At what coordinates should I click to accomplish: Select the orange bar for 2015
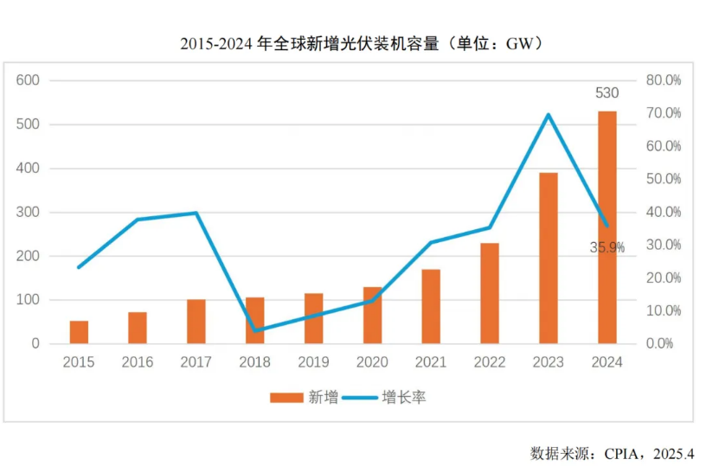(79, 332)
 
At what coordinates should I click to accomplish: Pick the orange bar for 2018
(254, 321)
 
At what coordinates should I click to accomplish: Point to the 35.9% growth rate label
(607, 247)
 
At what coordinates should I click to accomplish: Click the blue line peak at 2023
(548, 114)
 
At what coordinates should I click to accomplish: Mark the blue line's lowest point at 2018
(255, 330)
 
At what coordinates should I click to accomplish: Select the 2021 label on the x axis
(431, 362)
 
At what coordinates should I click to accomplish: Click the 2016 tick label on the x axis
(138, 362)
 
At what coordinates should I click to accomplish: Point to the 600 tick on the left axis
(29, 80)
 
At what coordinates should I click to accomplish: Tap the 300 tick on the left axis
(29, 212)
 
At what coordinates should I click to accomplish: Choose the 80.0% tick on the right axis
(664, 80)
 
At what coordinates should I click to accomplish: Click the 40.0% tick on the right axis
(664, 212)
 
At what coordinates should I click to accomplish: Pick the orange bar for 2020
(372, 315)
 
